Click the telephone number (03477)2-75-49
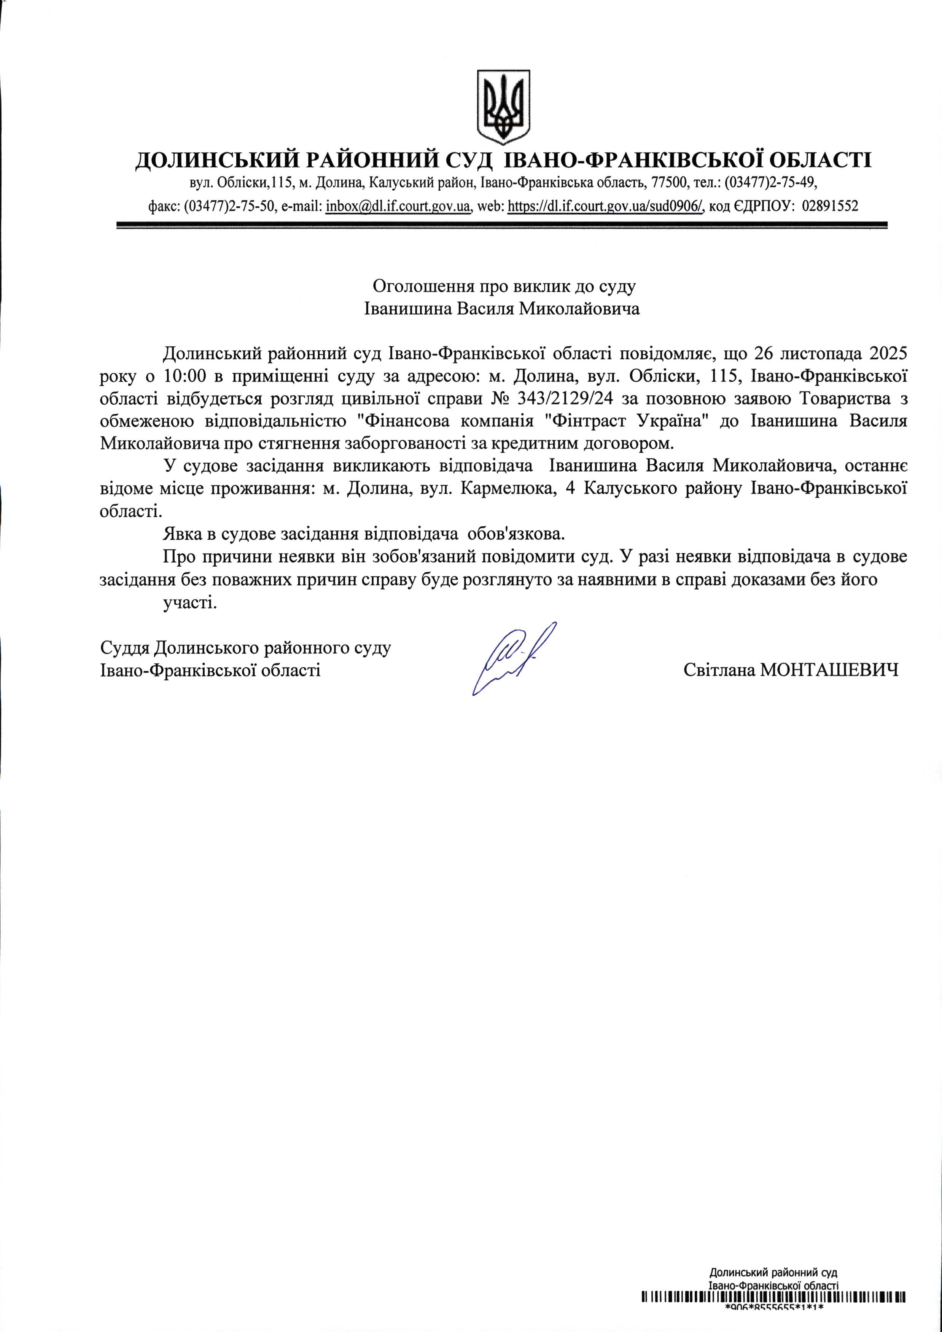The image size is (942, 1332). pyautogui.click(x=771, y=183)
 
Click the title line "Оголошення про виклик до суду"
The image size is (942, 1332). pyautogui.click(x=503, y=286)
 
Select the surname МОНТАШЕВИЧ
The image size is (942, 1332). pyautogui.click(x=829, y=671)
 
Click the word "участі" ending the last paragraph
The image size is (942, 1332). pyautogui.click(x=190, y=603)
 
